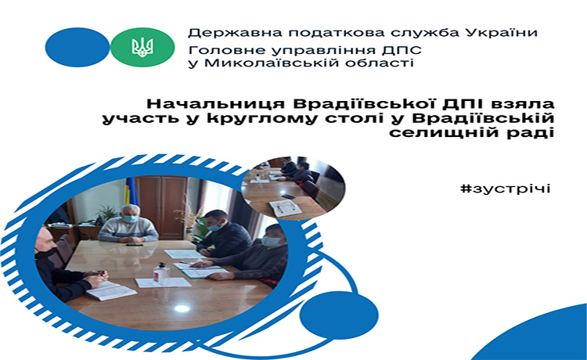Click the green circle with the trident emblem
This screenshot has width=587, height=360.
[x=142, y=47]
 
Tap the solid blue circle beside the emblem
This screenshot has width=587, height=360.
[x=77, y=47]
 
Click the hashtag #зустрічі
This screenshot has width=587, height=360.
[x=506, y=189]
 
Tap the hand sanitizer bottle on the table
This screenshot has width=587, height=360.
[x=162, y=273]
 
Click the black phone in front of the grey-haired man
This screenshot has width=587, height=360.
[x=135, y=245]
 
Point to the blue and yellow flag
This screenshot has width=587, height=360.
[x=131, y=191]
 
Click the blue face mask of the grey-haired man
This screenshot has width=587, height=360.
[x=130, y=218]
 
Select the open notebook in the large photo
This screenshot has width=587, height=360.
[x=110, y=291]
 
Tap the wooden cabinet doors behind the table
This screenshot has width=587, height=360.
[x=162, y=207]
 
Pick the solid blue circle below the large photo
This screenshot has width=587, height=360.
[x=339, y=315]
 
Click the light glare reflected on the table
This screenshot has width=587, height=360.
[x=182, y=308]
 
